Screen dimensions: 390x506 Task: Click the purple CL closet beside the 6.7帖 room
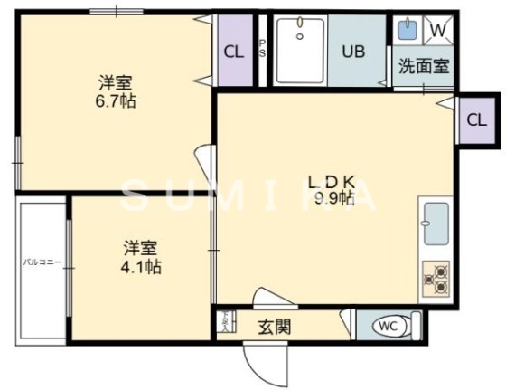(x=234, y=52)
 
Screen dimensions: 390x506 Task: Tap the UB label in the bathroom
(x=352, y=51)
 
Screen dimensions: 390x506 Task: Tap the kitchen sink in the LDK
(x=436, y=224)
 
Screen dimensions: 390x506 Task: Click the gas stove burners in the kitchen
(x=436, y=280)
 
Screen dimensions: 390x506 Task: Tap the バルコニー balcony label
(x=42, y=262)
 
